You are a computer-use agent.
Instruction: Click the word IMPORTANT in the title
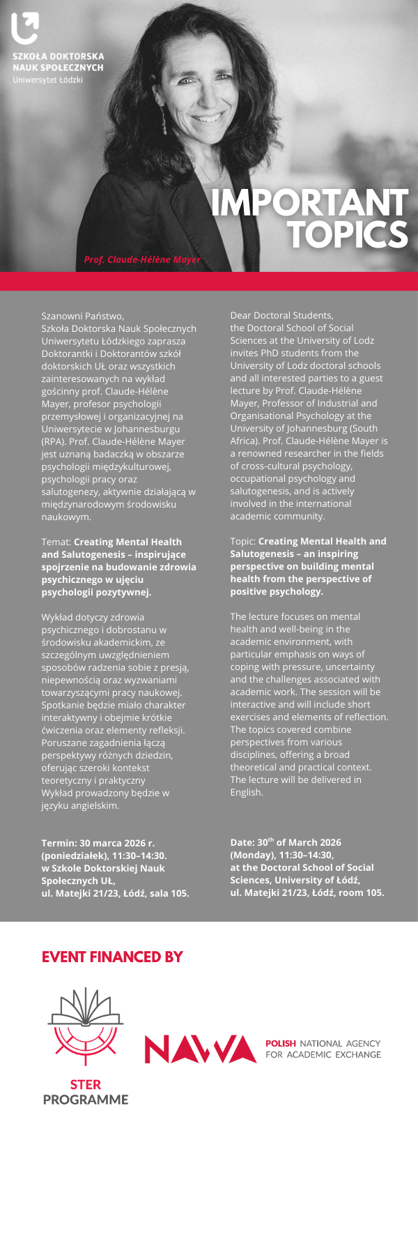309,203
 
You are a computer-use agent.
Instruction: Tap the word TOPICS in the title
348,234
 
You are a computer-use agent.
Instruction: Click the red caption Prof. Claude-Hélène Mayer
142,259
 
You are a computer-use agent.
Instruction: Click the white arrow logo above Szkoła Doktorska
25,29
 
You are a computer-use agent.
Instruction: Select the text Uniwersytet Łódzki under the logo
47,80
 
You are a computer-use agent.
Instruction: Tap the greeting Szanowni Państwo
82,316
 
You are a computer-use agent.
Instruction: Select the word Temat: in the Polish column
56,542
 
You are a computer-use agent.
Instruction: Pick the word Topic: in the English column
243,541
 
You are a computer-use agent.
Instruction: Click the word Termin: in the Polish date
59,843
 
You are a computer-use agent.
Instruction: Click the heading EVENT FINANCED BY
112,957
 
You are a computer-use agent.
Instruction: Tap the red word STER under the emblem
86,1084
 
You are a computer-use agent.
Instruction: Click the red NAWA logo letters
201,1049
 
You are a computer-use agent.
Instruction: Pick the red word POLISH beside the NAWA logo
281,1044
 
